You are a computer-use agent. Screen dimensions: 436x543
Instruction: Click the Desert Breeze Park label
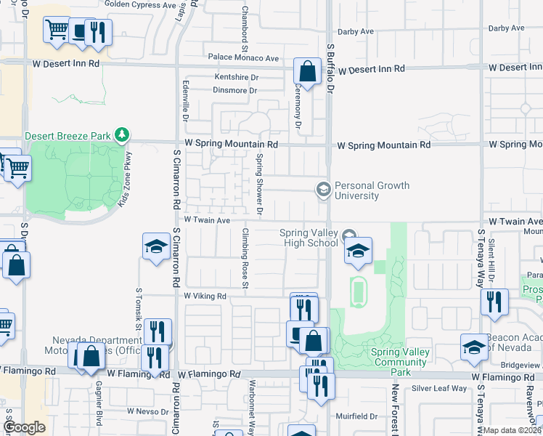click(70, 135)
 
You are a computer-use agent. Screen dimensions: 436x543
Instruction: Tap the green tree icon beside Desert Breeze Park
click(123, 134)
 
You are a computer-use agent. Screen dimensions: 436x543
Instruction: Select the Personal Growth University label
click(372, 190)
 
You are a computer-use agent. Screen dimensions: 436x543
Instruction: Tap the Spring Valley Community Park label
click(399, 362)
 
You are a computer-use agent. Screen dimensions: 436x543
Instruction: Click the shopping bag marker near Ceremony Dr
click(307, 72)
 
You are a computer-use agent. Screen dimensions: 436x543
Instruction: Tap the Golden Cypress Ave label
click(140, 4)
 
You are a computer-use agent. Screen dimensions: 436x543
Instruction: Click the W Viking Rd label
click(205, 296)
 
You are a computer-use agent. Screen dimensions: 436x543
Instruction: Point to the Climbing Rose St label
click(245, 259)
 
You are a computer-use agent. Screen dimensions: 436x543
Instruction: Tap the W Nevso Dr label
click(148, 411)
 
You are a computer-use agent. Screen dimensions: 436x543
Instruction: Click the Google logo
click(24, 427)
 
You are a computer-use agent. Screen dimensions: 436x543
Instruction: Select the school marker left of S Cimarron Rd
click(156, 249)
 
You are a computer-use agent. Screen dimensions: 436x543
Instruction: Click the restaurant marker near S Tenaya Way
click(494, 302)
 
